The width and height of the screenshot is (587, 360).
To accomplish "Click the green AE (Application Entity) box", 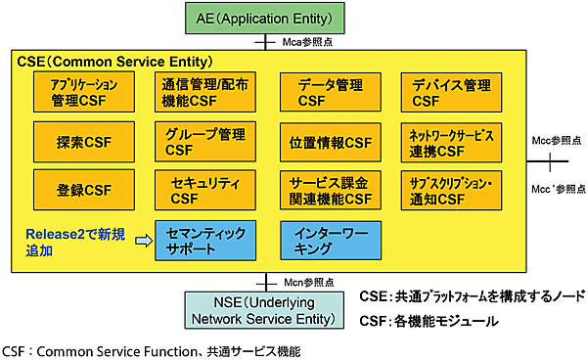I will (267, 17).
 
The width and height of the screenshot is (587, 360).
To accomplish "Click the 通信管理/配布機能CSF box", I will (203, 92).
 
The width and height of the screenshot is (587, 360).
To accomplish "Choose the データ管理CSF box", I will (327, 92).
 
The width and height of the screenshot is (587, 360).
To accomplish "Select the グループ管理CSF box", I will (203, 142).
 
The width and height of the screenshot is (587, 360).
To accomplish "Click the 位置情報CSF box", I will (327, 142).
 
